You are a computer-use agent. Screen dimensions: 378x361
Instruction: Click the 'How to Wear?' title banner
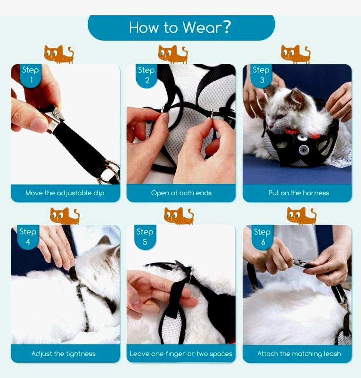(181, 28)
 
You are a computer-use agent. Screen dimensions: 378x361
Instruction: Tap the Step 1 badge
(30, 75)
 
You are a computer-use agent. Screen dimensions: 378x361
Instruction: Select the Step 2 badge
(146, 75)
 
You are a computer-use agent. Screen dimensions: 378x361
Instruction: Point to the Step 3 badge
(261, 75)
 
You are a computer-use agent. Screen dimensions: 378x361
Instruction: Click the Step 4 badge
(28, 236)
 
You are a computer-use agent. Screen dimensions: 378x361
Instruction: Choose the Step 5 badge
(145, 236)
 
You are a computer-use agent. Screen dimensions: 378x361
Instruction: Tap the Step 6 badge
(262, 237)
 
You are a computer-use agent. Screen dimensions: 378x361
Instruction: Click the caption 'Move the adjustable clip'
(65, 193)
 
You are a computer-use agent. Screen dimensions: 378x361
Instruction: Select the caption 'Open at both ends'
(181, 193)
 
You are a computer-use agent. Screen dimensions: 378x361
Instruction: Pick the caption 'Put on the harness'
(298, 193)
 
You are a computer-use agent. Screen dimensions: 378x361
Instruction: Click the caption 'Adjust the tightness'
(63, 354)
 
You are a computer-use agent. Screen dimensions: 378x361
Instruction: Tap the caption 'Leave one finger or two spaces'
(181, 354)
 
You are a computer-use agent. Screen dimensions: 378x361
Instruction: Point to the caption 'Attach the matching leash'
(299, 354)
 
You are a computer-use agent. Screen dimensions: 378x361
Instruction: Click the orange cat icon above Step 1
(58, 54)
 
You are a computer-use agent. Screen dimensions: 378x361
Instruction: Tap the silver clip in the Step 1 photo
(54, 118)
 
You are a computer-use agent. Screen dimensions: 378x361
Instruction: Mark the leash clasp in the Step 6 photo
(300, 263)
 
